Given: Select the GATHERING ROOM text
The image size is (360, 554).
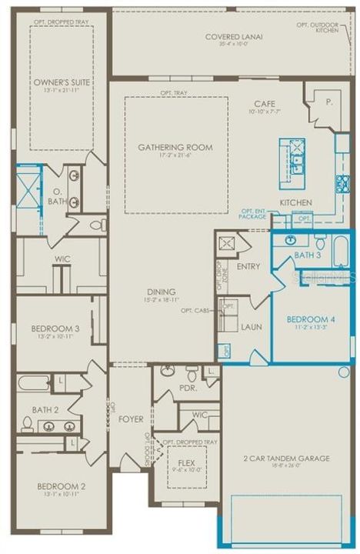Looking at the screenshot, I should point(175,148).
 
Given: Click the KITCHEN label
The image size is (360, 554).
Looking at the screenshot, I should point(295,202).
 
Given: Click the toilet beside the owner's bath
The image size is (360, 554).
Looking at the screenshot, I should point(98,225).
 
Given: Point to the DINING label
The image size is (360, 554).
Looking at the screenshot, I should point(162,292).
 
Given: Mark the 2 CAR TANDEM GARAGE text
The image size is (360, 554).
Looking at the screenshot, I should point(285,459).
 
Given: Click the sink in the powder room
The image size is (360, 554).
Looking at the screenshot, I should point(168,372).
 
